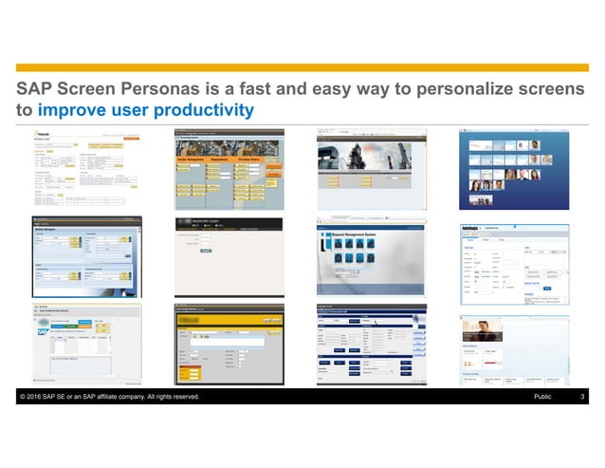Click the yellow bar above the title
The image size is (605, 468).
tap(302, 67)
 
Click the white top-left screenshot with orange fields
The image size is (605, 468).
tap(86, 171)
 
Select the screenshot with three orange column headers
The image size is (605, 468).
tap(229, 171)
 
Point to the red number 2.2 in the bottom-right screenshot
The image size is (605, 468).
tap(471, 363)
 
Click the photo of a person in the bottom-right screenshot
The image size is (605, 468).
tap(486, 329)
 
